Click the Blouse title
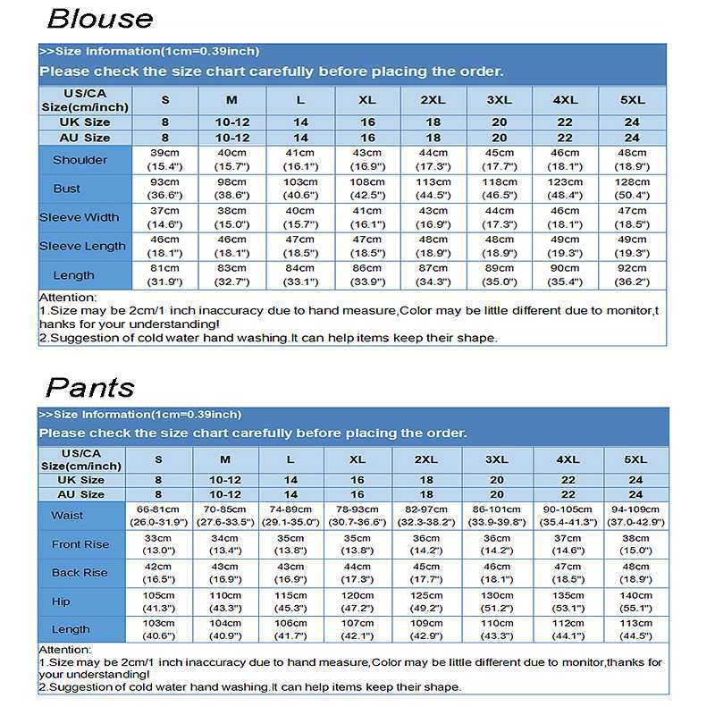pos(99,19)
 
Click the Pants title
pos(89,387)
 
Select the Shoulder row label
pos(80,160)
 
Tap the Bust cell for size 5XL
pos(632,189)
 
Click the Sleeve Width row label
pos(81,217)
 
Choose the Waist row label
pos(67,516)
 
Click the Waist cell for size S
pos(158,516)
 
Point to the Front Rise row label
pos(80,544)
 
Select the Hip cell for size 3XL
pos(497,601)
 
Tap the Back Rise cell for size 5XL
pos(635,573)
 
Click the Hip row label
pos(60,601)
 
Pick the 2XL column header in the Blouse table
pos(433,100)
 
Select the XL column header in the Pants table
pos(357,459)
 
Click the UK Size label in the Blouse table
pos(85,122)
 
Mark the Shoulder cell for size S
pos(164,160)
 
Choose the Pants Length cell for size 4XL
pos(568,629)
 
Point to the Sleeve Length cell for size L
pos(300,246)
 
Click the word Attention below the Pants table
pos(66,650)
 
